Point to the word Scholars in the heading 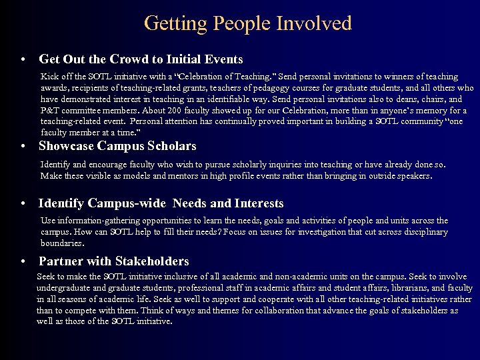tap(171, 146)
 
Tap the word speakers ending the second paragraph tap(414, 176)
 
